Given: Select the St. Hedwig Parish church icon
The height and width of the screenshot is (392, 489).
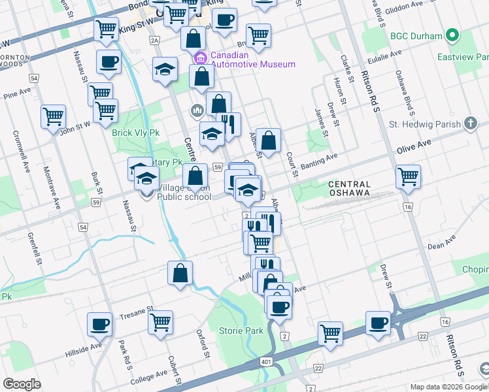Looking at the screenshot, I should tap(469, 123).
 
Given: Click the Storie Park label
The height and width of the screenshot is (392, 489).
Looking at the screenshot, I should tap(241, 331).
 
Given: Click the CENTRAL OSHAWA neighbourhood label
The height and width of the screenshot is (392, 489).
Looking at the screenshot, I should tap(349, 189).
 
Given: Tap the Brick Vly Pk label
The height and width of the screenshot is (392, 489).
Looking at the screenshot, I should tap(136, 133).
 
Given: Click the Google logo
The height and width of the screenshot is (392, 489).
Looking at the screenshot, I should tap(22, 384).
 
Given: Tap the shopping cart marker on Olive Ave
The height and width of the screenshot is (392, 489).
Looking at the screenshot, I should tap(408, 175).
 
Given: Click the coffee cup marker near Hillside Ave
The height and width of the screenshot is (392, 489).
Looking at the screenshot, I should tap(101, 324).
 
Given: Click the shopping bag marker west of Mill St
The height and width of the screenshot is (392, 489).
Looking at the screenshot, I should tap(180, 274).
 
